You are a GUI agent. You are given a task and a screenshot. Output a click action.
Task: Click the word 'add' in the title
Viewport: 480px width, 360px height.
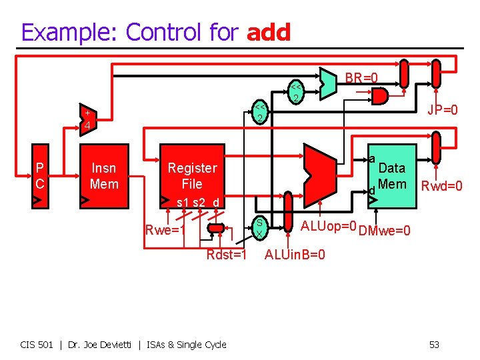pos(269,31)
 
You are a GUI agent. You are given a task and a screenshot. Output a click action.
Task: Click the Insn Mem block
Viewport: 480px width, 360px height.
pos(104,176)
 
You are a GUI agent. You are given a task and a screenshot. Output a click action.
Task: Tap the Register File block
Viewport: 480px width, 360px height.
pos(192,176)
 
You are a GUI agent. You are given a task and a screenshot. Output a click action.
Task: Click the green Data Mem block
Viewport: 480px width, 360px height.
pos(391,176)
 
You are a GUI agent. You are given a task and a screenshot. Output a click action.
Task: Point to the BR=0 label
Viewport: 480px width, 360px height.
pos(361,78)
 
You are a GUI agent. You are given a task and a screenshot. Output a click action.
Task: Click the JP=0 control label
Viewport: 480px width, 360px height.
pos(443,109)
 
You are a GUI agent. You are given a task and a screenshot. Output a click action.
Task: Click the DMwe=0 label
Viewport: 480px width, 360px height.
pos(384,231)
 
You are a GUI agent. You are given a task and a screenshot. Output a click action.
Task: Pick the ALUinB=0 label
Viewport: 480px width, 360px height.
pos(295,255)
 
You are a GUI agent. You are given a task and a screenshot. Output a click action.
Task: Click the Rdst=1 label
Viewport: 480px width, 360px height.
pos(227,255)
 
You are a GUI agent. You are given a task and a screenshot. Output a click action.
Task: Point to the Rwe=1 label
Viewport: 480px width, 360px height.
pos(165,231)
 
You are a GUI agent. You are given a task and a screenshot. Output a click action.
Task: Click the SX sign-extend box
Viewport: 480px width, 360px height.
pos(261,229)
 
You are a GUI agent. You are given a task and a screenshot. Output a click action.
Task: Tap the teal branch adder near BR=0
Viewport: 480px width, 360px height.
pos(327,81)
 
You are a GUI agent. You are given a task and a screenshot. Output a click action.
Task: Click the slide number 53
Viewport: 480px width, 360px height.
pos(434,345)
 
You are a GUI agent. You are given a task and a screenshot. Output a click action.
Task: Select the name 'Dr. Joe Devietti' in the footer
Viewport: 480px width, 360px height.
pos(105,345)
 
